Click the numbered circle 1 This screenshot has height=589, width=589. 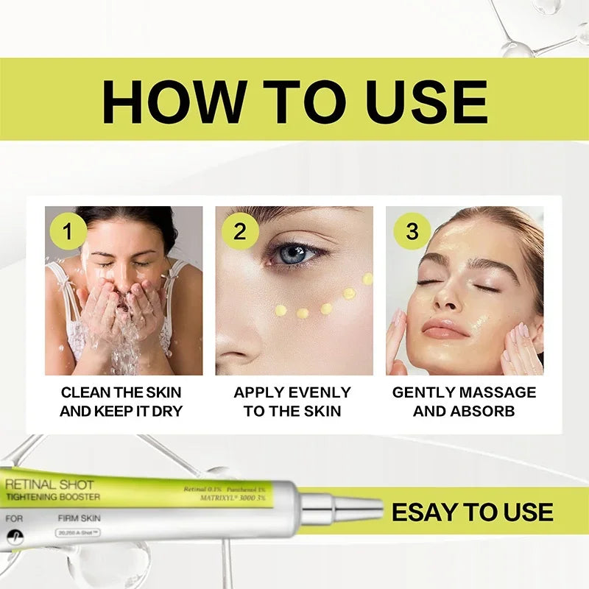[68, 232]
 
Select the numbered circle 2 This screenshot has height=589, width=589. [240, 232]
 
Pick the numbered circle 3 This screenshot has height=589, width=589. [412, 232]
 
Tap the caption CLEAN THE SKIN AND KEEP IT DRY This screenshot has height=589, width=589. [121, 401]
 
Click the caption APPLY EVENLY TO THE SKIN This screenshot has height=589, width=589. [292, 401]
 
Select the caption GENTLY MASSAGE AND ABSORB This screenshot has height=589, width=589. [464, 401]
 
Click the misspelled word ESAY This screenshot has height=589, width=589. [425, 512]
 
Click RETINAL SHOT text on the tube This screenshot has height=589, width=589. [49, 484]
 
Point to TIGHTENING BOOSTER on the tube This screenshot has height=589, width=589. [53, 497]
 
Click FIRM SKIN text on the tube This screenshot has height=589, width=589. [78, 518]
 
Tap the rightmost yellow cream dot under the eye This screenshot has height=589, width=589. [367, 278]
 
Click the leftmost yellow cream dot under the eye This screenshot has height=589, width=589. [281, 310]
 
